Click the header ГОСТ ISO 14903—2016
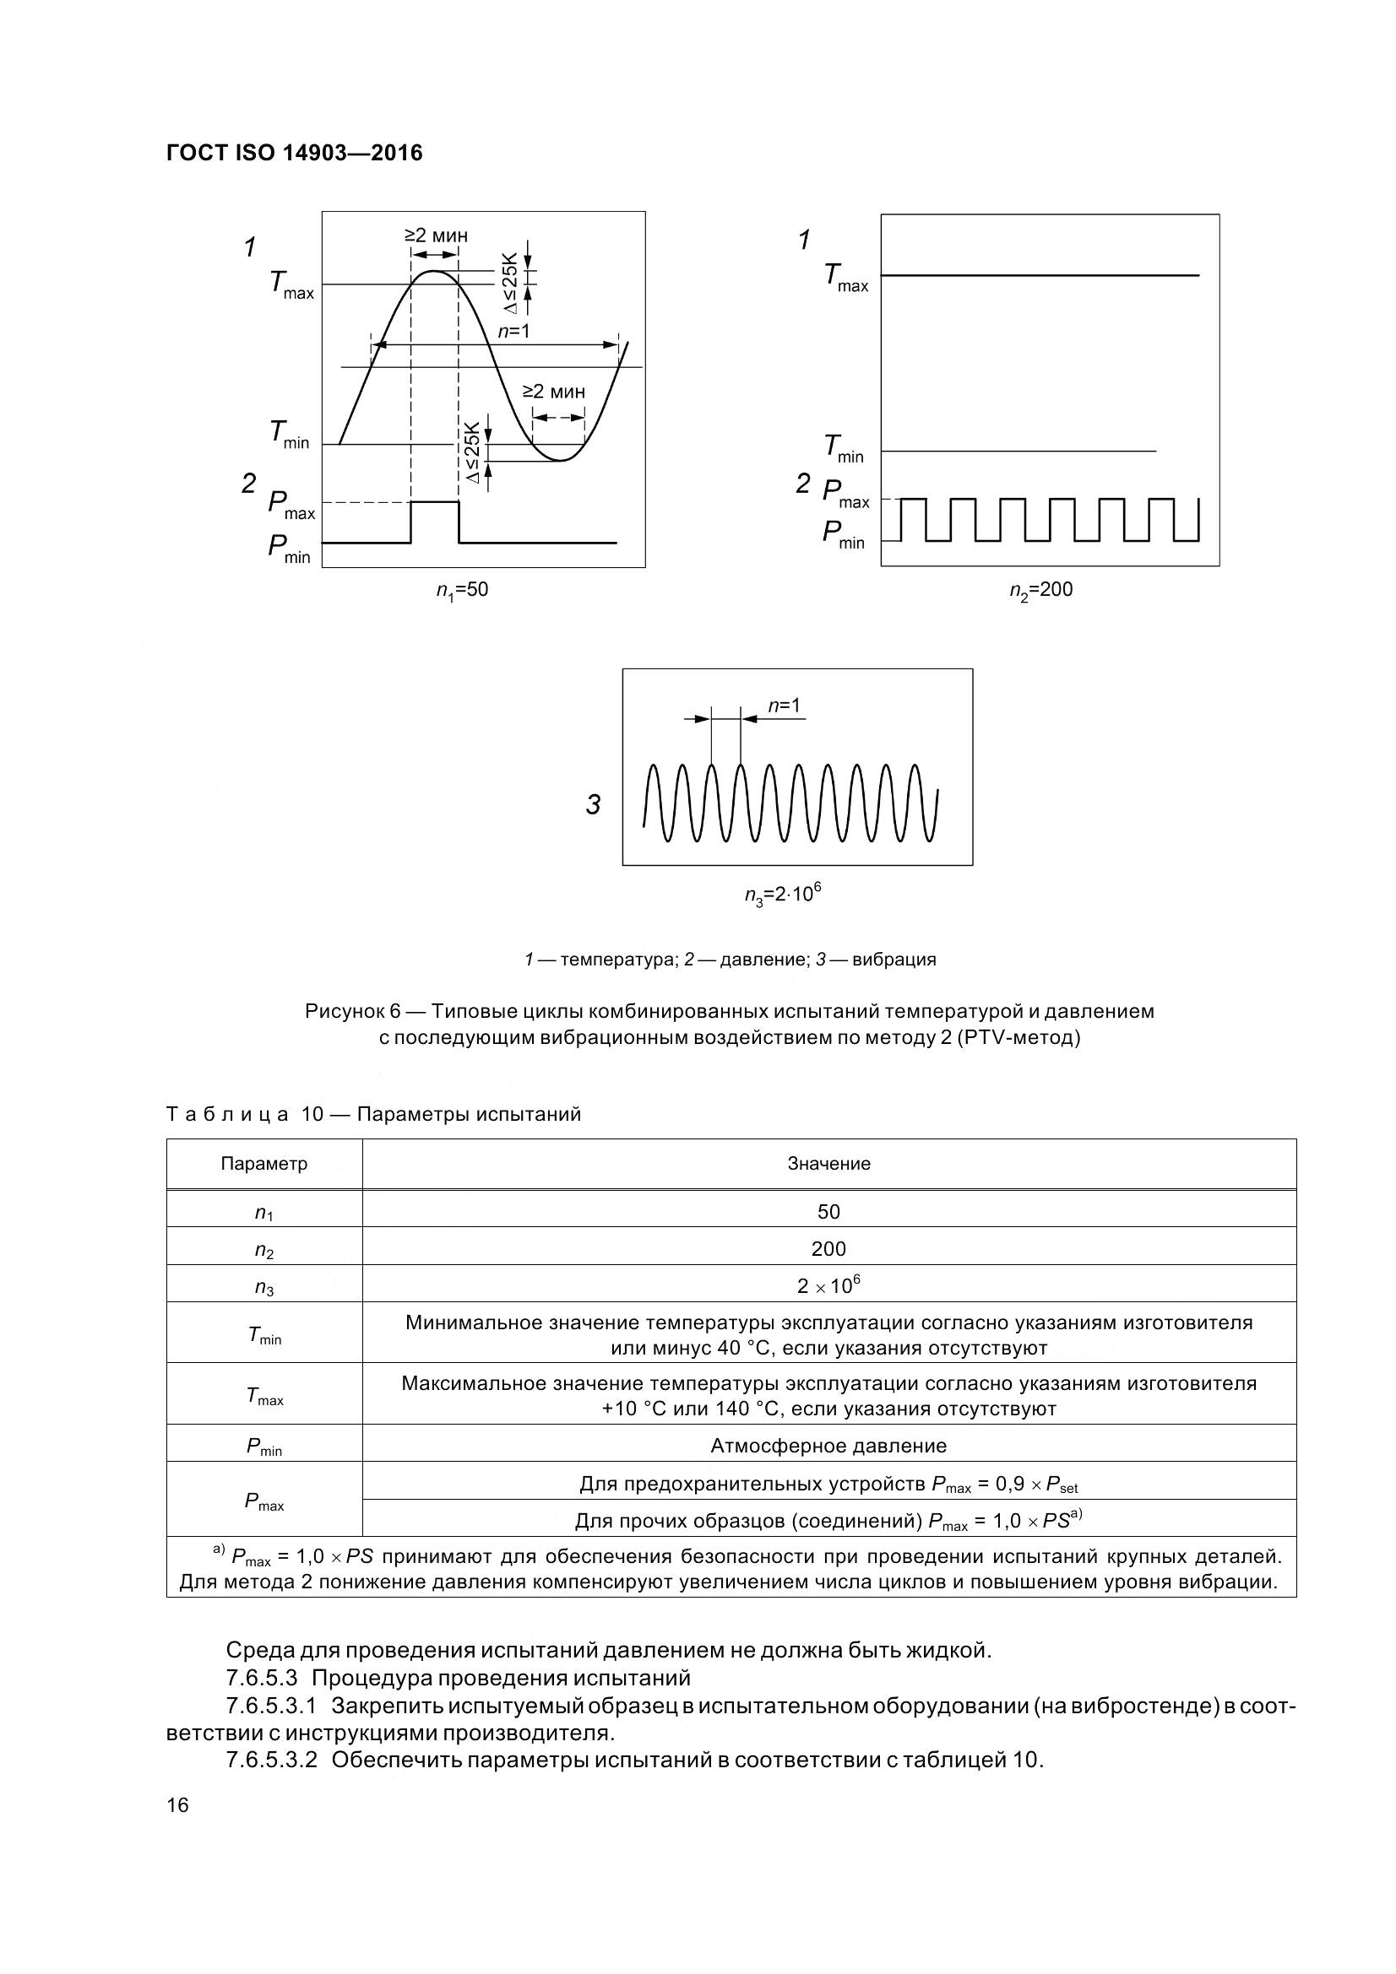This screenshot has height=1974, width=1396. (294, 153)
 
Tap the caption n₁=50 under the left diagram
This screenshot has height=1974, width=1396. (462, 590)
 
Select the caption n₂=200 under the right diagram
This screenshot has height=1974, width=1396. (1040, 590)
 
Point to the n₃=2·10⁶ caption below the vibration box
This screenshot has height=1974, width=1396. (783, 894)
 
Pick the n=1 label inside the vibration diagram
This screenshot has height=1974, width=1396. (784, 706)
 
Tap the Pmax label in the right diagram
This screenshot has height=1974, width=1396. (845, 494)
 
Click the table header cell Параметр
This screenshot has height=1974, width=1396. (264, 1164)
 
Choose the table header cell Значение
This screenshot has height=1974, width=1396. (828, 1164)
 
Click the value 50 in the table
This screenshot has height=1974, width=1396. (828, 1211)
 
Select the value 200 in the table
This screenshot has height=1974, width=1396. (828, 1249)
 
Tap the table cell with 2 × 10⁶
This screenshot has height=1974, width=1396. (828, 1286)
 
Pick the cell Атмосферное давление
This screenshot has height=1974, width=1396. (828, 1447)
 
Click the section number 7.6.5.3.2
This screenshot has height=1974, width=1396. (272, 1759)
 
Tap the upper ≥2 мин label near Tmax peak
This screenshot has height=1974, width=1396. (436, 235)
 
